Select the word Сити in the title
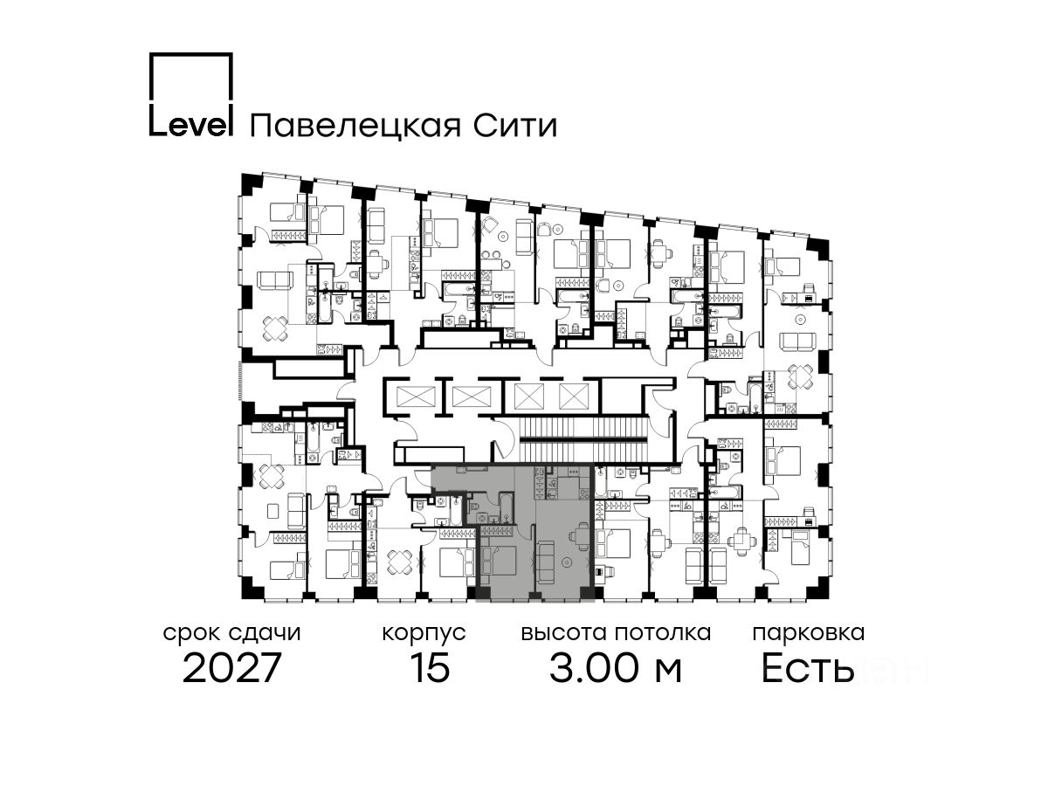click(521, 126)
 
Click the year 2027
click(232, 669)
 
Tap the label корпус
click(424, 632)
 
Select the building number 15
click(429, 669)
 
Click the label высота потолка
click(616, 632)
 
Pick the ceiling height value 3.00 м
click(616, 669)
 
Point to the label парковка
click(809, 632)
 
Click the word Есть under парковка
click(808, 669)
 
